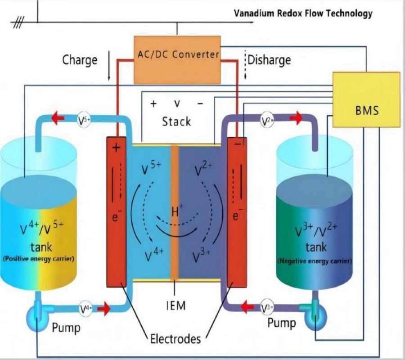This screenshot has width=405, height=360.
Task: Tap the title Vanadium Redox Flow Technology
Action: click(x=303, y=13)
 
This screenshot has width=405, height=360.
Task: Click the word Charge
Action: click(x=80, y=60)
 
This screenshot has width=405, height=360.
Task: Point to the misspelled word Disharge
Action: click(x=270, y=59)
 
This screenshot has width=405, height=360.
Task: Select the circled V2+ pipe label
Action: click(x=267, y=120)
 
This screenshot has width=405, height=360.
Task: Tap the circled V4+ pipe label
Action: click(x=86, y=309)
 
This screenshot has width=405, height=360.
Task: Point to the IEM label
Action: click(x=175, y=306)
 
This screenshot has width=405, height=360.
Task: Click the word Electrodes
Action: click(x=175, y=338)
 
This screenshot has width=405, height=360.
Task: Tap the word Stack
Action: click(x=176, y=121)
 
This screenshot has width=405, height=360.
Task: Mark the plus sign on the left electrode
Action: click(x=117, y=148)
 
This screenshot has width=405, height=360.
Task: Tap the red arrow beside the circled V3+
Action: click(x=246, y=308)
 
